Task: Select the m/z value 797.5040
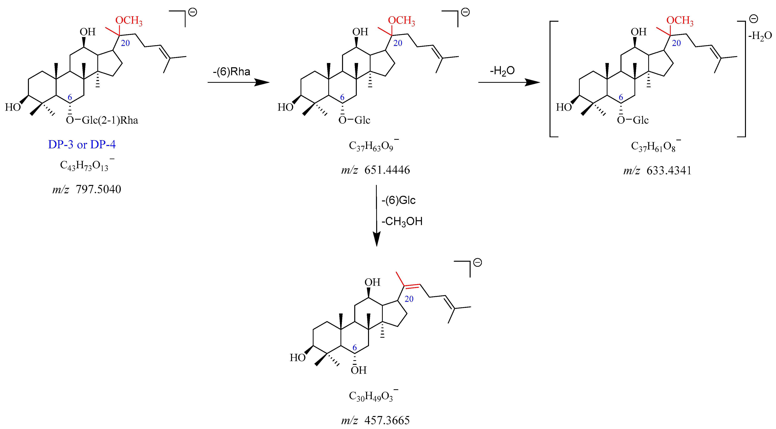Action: coord(87,189)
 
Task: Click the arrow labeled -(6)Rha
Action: coord(238,82)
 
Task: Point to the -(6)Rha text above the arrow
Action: coord(231,72)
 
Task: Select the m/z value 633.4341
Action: coord(657,171)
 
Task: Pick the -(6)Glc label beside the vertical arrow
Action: coord(398,200)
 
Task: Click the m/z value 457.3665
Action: coord(375,420)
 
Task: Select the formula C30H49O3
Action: coord(372,396)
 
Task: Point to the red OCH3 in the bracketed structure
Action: coord(680,21)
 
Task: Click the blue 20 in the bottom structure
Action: coord(409,299)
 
